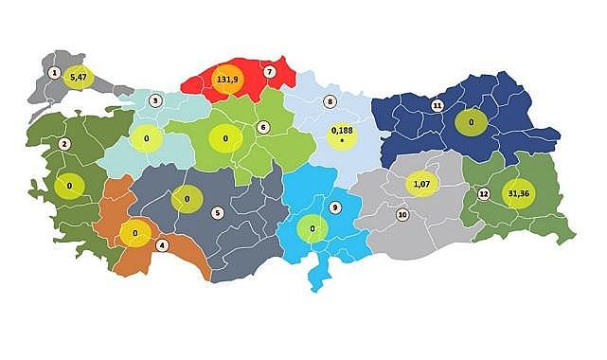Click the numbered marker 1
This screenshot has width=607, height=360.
pyautogui.click(x=55, y=73)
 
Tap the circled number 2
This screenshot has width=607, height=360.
pyautogui.click(x=64, y=144)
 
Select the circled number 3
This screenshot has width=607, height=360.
pyautogui.click(x=155, y=100)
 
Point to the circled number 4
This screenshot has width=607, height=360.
pyautogui.click(x=162, y=245)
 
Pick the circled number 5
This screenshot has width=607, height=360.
pyautogui.click(x=217, y=212)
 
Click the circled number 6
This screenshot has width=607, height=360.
pyautogui.click(x=263, y=127)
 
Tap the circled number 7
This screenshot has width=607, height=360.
pyautogui.click(x=270, y=71)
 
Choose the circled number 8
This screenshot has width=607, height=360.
pyautogui.click(x=330, y=101)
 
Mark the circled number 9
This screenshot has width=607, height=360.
pyautogui.click(x=334, y=207)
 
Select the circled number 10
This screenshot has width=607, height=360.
pyautogui.click(x=402, y=215)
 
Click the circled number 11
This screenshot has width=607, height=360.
pyautogui.click(x=437, y=105)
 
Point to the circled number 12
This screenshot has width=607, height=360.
pyautogui.click(x=483, y=194)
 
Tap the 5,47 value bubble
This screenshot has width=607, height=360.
pyautogui.click(x=79, y=76)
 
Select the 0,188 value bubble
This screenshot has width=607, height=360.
pyautogui.click(x=341, y=135)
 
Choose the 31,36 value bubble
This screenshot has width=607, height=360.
pyautogui.click(x=519, y=193)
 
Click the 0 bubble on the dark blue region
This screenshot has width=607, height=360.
pyautogui.click(x=470, y=121)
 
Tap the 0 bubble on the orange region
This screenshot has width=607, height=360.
pyautogui.click(x=135, y=232)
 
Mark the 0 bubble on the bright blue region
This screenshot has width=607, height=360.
pyautogui.click(x=312, y=228)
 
